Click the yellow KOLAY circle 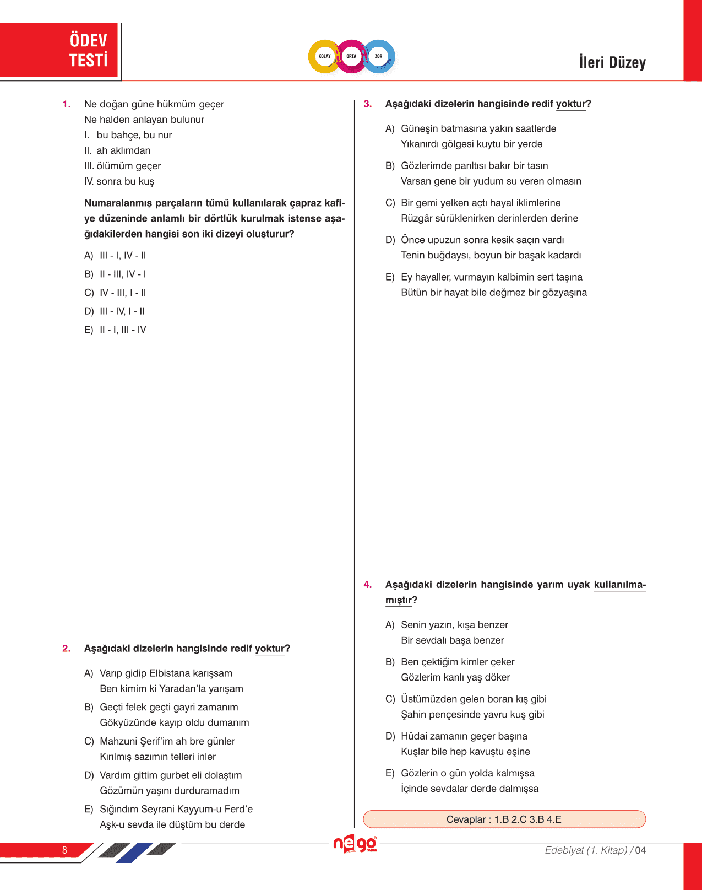[x=324, y=56]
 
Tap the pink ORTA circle [x=351, y=56]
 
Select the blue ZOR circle [x=379, y=56]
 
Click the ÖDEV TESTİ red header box [x=59, y=50]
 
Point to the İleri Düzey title [x=612, y=62]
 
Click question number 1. [x=67, y=104]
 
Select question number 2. [x=67, y=649]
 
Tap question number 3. [x=368, y=104]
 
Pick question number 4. [x=368, y=585]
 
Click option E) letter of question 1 [x=89, y=330]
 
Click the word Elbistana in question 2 [x=169, y=673]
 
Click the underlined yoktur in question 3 [x=570, y=104]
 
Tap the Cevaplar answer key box [x=504, y=819]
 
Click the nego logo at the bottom [x=355, y=844]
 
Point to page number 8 [x=64, y=850]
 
